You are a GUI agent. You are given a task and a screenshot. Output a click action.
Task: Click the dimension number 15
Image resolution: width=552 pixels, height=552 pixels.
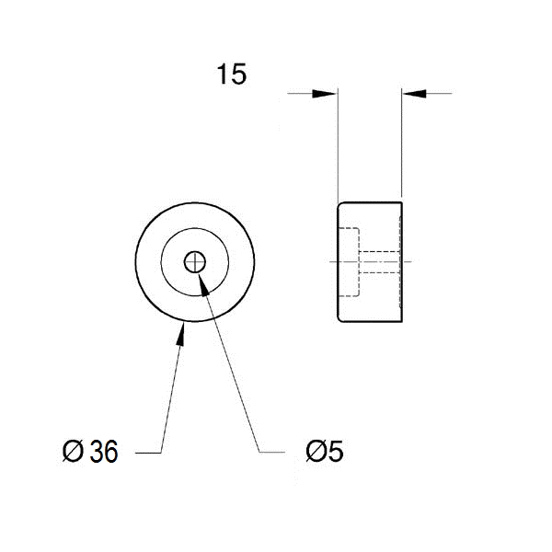232,75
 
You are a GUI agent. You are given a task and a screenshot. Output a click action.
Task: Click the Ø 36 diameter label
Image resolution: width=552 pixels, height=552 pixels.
90,451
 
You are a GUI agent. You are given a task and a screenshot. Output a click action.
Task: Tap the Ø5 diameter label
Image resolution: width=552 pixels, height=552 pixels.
324,451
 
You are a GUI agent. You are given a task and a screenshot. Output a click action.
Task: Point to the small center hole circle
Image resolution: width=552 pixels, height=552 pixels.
195,262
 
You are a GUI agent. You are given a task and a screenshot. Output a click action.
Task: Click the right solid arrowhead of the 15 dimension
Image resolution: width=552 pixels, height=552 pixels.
414,94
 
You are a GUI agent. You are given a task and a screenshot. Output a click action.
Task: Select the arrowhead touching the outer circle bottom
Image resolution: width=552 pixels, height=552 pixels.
181,334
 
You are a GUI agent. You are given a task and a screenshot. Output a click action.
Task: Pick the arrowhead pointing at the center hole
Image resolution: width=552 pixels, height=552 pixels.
204,284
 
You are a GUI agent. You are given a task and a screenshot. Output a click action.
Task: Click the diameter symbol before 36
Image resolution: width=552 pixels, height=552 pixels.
73,451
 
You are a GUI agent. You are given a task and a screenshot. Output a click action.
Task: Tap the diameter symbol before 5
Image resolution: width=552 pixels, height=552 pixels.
316,451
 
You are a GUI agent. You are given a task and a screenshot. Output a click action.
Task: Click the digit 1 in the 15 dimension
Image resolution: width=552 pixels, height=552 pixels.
222,75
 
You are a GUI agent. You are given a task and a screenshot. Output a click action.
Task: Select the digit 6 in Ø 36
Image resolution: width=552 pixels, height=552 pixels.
110,452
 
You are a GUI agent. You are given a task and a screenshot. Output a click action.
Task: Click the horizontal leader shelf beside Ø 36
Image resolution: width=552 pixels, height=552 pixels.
148,453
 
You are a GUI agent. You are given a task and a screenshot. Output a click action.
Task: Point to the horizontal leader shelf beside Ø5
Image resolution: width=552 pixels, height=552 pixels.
271,452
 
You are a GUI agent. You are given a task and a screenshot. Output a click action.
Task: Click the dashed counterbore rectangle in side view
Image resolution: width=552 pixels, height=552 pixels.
349,262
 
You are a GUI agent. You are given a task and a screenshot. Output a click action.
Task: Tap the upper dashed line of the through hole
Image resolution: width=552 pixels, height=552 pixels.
379,251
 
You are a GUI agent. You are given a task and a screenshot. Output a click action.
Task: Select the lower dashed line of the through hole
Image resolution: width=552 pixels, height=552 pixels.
379,272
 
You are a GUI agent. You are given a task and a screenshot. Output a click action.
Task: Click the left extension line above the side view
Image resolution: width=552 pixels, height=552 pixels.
338,145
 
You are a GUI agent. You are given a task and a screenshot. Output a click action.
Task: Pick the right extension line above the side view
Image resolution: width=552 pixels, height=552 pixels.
402,143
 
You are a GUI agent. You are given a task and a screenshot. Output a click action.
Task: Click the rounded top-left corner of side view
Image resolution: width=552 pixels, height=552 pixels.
339,204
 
